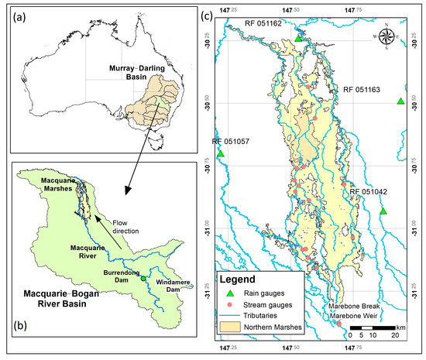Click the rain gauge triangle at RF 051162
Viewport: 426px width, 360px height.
coord(297,39)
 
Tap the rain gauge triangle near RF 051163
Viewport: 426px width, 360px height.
coord(400,101)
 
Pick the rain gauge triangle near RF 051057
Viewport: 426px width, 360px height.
coord(220,154)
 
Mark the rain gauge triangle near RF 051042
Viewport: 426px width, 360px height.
coord(383,211)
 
